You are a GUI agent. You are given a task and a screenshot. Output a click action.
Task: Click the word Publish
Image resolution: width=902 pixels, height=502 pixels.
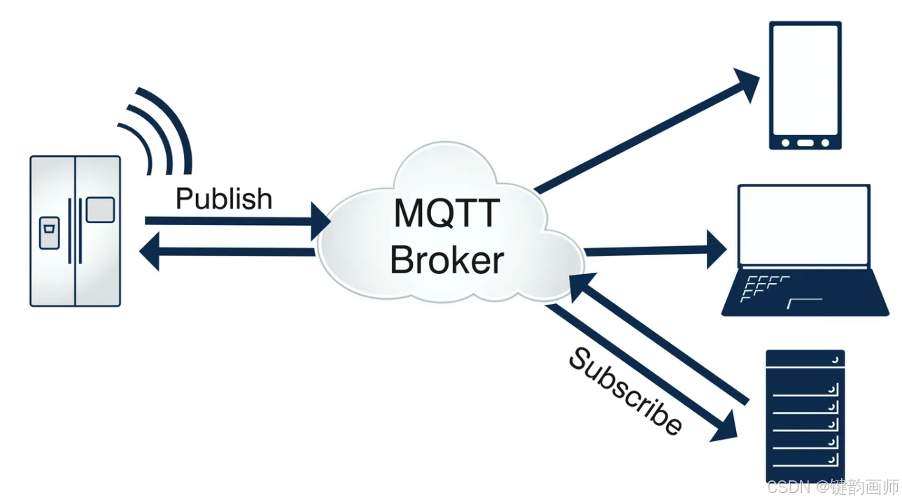(224, 199)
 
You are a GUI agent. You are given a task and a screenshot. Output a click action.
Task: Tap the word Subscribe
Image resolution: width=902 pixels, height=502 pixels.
(624, 392)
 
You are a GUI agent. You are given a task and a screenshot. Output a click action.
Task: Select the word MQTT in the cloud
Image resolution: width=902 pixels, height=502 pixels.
(447, 214)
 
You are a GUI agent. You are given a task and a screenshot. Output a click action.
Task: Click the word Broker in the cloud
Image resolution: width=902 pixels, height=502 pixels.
(447, 260)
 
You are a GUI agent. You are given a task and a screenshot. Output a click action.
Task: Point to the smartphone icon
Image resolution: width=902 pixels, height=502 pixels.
(805, 85)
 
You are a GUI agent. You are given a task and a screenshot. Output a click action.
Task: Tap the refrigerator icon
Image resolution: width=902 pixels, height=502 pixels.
(75, 231)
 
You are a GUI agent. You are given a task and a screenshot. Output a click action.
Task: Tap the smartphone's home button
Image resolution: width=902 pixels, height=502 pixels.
(805, 143)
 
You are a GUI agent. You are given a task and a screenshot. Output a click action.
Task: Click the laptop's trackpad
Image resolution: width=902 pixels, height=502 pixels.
(804, 303)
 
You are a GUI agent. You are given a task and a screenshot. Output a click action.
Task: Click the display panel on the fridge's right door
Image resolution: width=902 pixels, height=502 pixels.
(100, 210)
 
